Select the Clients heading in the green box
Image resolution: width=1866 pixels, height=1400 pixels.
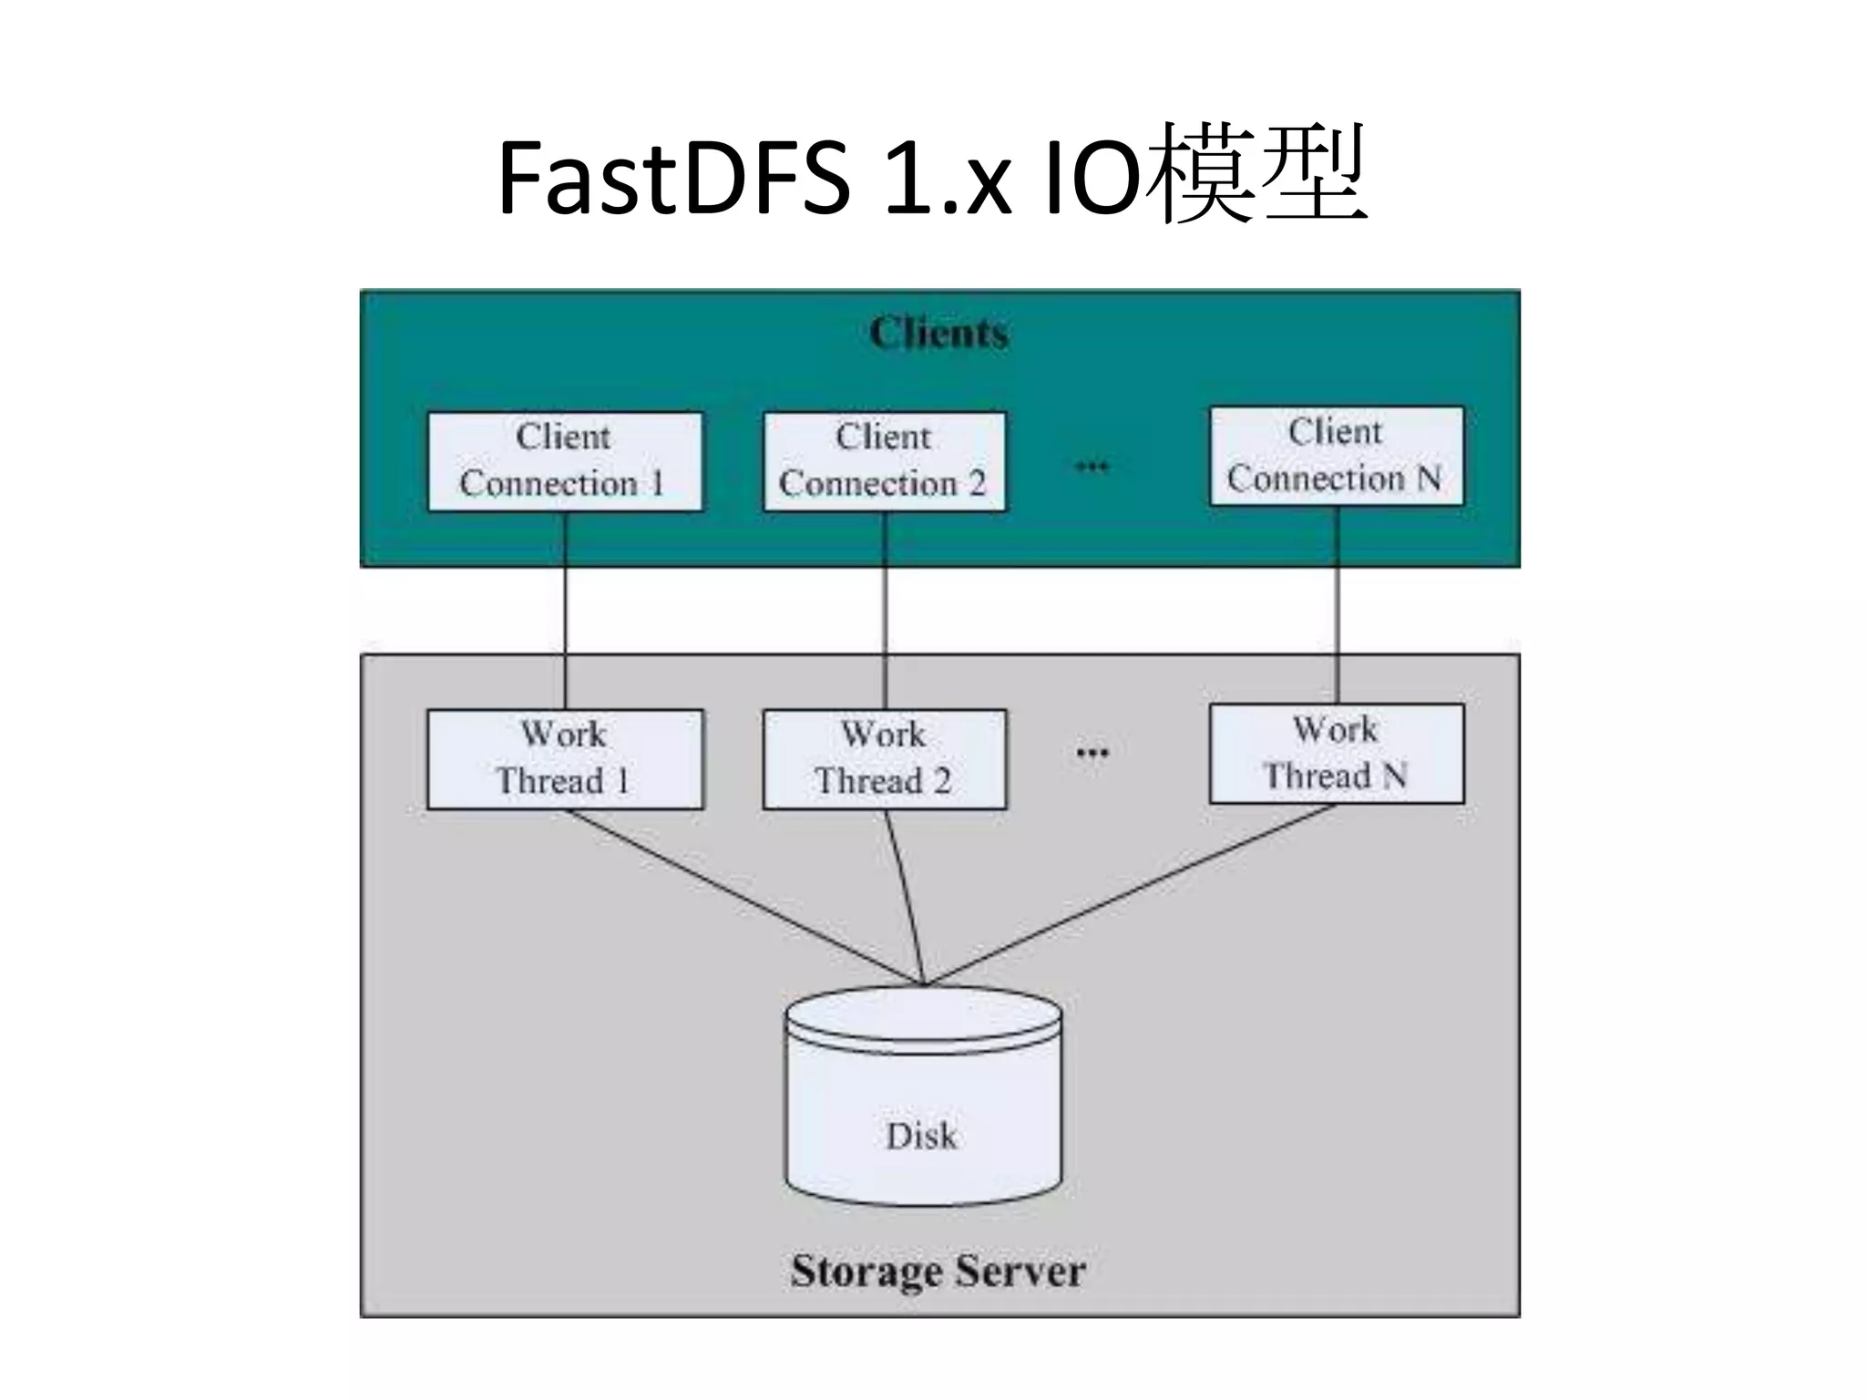tap(938, 333)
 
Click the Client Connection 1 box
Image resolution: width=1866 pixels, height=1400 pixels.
tap(565, 461)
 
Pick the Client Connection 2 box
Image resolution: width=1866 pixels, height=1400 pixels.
tap(884, 461)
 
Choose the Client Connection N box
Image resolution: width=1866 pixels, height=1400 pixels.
tap(1336, 456)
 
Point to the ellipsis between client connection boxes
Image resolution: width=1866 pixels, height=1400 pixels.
tap(1092, 467)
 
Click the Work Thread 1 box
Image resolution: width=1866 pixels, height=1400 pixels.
tap(565, 758)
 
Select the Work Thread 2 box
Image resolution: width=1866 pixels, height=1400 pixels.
tap(884, 758)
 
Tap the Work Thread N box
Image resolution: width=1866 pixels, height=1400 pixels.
tap(1336, 753)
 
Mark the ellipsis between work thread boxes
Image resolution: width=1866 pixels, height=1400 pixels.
tap(1092, 753)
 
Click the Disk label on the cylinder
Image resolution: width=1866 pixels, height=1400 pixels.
tap(922, 1136)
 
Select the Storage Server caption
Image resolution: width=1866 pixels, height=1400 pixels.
tap(938, 1271)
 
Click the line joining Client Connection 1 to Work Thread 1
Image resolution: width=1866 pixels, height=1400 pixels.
tap(565, 611)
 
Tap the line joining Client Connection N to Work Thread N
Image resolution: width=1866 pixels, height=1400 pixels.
tap(1337, 606)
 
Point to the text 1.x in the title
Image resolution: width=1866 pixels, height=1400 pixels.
tap(948, 178)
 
